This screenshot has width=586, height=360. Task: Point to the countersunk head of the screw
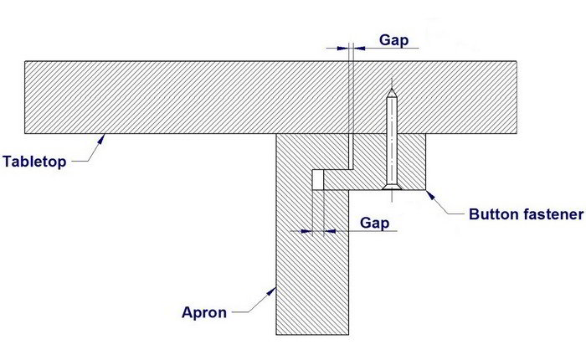point(391,185)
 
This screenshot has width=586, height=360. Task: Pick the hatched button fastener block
point(410,159)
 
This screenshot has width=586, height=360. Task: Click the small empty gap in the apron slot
point(317,180)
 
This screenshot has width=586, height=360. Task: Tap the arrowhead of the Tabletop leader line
point(101,137)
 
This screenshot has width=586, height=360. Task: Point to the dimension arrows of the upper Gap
point(350,48)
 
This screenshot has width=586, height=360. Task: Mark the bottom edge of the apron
point(311,333)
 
